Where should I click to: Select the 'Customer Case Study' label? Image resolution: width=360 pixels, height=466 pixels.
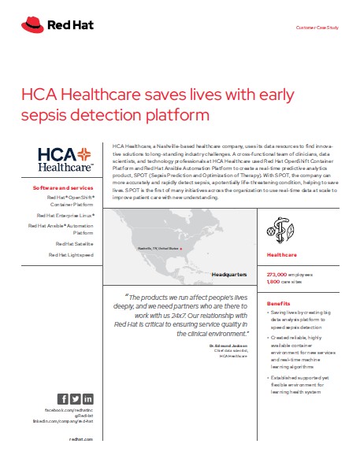point(317,28)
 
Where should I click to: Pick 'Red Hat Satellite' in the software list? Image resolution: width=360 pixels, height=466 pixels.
point(72,244)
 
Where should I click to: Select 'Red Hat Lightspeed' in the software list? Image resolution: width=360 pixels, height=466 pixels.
point(71,254)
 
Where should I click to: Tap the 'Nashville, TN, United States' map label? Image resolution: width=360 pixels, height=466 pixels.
point(158,248)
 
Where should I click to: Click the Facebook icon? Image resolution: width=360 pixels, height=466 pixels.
point(63,399)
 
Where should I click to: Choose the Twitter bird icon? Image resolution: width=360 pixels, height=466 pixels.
point(76,399)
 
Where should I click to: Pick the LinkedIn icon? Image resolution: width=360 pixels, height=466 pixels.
point(87,399)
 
